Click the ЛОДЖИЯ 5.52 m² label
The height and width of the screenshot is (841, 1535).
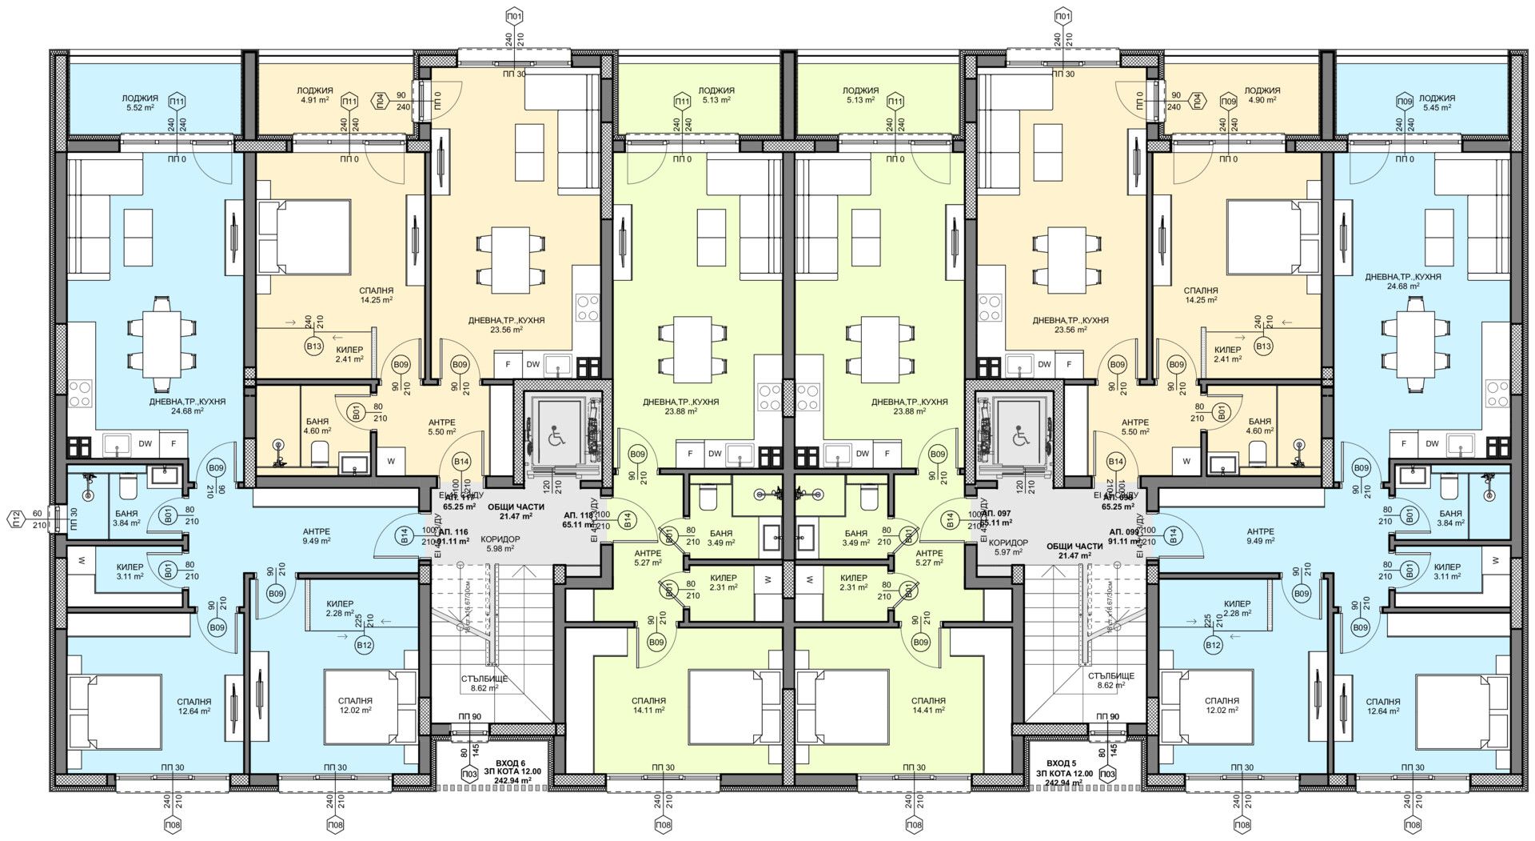138,102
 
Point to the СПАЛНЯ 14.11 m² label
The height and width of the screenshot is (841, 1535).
649,704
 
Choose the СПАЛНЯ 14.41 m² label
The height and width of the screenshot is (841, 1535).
928,704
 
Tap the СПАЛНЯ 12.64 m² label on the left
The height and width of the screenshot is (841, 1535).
195,706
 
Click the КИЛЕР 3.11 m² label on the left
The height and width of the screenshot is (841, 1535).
128,571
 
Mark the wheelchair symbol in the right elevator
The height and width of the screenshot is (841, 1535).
1020,438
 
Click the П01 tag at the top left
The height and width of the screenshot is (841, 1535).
516,16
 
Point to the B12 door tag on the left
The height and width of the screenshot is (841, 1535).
365,645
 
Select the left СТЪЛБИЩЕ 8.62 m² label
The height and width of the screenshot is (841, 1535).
484,682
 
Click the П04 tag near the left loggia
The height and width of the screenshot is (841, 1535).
381,101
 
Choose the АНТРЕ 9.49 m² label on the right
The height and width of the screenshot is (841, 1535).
1261,535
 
